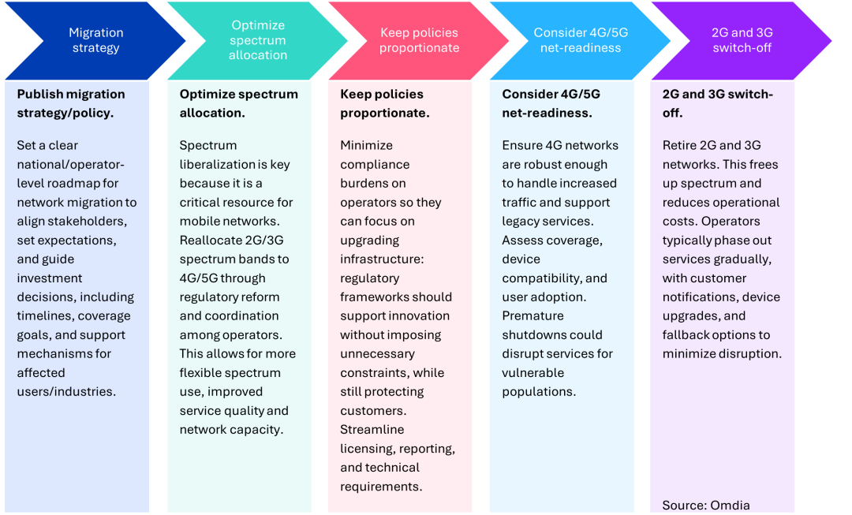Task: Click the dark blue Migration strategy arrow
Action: click(95, 40)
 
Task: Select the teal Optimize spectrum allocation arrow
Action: click(258, 40)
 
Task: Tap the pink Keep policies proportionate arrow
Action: click(419, 40)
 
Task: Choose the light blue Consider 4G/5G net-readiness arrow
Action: click(581, 40)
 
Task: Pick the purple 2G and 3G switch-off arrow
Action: click(742, 40)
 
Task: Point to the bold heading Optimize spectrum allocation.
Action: click(238, 103)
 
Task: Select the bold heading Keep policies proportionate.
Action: click(384, 103)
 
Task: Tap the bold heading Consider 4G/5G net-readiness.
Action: click(551, 103)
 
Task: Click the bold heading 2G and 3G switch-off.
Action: click(717, 103)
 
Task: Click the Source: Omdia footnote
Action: click(706, 506)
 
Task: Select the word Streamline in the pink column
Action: click(372, 429)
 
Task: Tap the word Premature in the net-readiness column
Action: click(532, 315)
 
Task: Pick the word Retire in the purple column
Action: click(679, 145)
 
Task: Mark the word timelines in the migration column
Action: click(43, 315)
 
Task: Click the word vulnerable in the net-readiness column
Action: click(533, 372)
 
